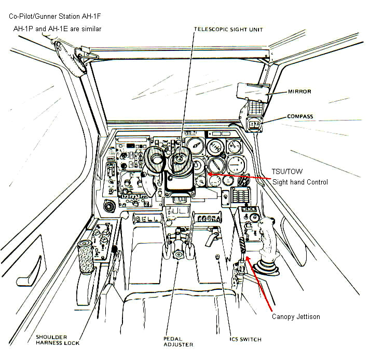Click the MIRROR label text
pyautogui.click(x=299, y=92)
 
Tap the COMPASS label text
pyautogui.click(x=300, y=116)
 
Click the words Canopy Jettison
pyautogui.click(x=296, y=316)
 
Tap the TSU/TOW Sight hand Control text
pyautogui.click(x=300, y=177)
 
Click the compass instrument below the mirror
pyautogui.click(x=254, y=125)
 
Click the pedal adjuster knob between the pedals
pyautogui.click(x=180, y=255)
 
